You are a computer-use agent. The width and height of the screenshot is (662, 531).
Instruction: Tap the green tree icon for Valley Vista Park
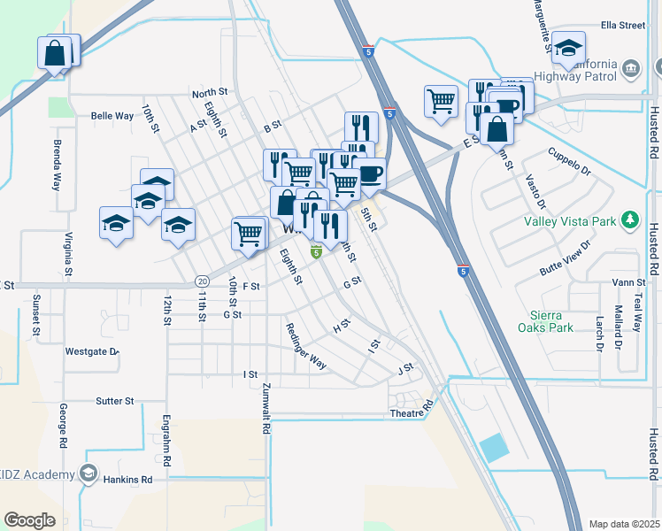click(629, 218)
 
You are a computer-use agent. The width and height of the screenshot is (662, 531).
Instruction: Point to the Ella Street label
click(623, 26)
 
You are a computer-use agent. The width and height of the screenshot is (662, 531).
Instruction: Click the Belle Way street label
click(112, 116)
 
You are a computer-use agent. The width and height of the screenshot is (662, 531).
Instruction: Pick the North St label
click(210, 92)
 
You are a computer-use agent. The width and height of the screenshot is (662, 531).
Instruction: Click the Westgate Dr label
click(91, 351)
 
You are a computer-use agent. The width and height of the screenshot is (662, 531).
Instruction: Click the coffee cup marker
click(369, 173)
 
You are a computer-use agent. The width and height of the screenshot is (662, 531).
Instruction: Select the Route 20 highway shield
click(202, 281)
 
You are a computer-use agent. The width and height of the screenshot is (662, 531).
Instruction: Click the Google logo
click(29, 520)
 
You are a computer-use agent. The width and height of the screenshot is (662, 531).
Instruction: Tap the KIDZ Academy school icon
click(89, 474)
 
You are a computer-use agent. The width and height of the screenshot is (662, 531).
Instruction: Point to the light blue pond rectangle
click(496, 448)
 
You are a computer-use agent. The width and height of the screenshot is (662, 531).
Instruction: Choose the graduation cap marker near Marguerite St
click(569, 46)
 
